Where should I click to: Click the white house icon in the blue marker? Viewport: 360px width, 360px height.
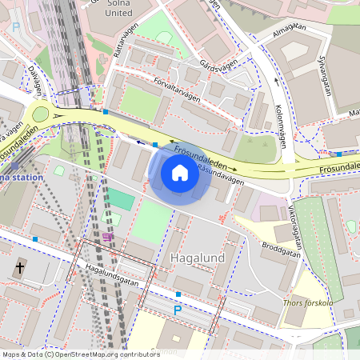tap(180, 172)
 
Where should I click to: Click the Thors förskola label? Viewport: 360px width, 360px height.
tap(307, 303)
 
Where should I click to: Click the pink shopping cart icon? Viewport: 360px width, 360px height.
tap(107, 237)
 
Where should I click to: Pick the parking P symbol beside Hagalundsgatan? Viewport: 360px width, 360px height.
tap(178, 310)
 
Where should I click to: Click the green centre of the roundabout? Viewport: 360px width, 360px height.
tap(39, 114)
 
